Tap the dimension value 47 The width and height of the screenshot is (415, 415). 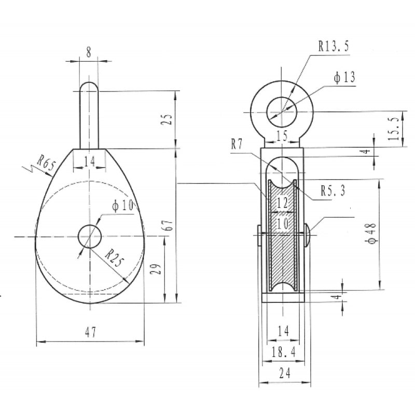91,332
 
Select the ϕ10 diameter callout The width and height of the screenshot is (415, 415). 122,205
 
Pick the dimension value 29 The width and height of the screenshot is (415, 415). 156,269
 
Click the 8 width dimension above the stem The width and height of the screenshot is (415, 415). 89,52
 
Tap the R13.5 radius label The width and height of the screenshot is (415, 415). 334,46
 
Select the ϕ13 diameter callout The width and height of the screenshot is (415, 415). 344,77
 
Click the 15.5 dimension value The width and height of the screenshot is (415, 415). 394,129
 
